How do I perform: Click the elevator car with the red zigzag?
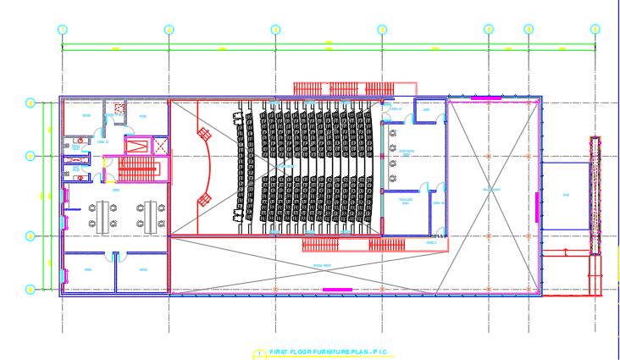point(136,144)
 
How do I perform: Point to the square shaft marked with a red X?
point(119,109)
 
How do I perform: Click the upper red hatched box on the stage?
point(203,133)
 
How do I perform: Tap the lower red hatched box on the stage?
point(203,199)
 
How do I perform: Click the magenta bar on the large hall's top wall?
point(485,98)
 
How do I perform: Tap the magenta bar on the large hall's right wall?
point(536,207)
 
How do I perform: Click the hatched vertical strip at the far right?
point(596,195)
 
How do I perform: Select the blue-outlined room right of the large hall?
point(566,196)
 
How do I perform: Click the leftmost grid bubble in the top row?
point(62,30)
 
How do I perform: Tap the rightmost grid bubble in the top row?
point(595,30)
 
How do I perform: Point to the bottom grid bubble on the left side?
point(30,290)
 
